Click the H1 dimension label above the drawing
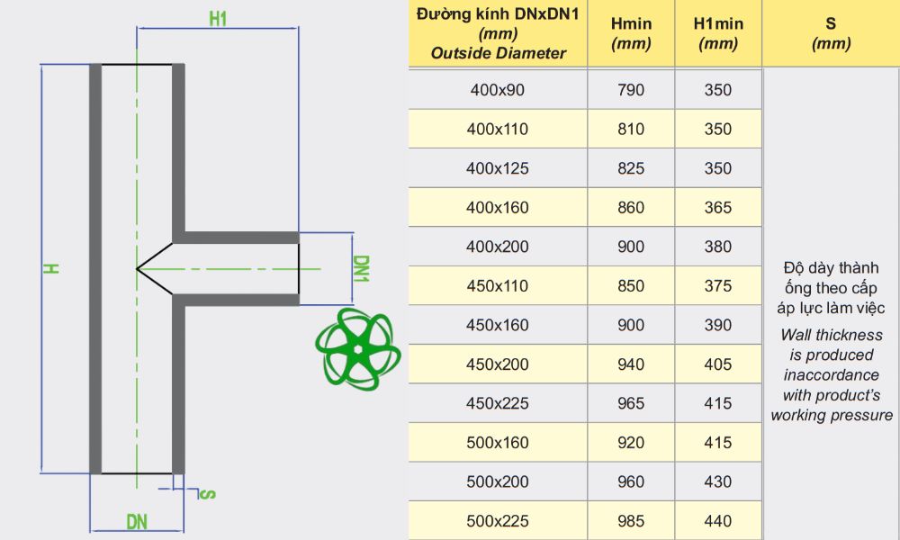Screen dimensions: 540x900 tap(217, 17)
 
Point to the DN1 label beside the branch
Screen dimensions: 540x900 tap(361, 268)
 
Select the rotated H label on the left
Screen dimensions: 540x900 tap(53, 268)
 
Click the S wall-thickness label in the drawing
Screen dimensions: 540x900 tap(207, 493)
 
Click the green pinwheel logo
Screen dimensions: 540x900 tap(357, 349)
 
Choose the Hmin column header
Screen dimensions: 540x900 tap(631, 34)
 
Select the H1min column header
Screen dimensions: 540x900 tap(717, 34)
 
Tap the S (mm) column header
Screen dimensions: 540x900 tap(830, 34)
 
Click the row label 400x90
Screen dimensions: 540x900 tap(497, 90)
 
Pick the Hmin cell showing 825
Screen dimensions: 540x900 tap(631, 168)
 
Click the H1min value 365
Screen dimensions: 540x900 tap(717, 208)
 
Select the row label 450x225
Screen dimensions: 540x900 tap(497, 404)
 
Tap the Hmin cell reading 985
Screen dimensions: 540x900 tap(631, 521)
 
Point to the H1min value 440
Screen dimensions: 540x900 tap(717, 521)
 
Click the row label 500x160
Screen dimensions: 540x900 tap(497, 443)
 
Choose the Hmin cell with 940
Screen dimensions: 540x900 tap(631, 364)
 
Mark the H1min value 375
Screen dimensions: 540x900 tap(717, 286)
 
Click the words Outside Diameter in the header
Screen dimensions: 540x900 tap(498, 53)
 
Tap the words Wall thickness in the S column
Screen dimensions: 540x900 tap(832, 335)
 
